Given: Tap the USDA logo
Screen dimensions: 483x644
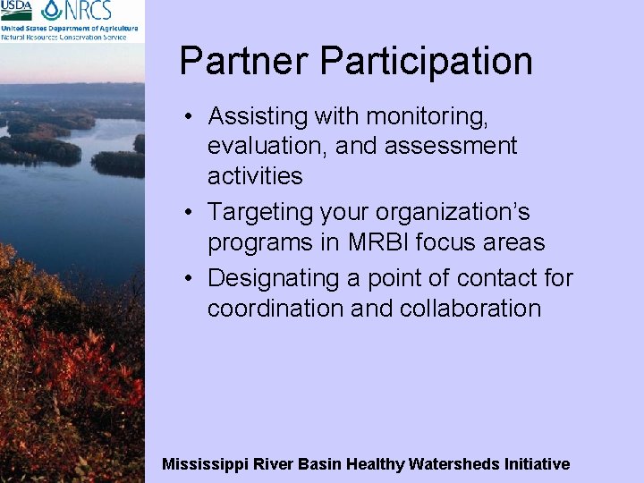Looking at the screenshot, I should click(x=16, y=11).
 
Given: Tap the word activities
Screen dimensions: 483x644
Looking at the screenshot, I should click(x=255, y=176).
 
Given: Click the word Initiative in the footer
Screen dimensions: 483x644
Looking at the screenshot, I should click(x=537, y=464).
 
